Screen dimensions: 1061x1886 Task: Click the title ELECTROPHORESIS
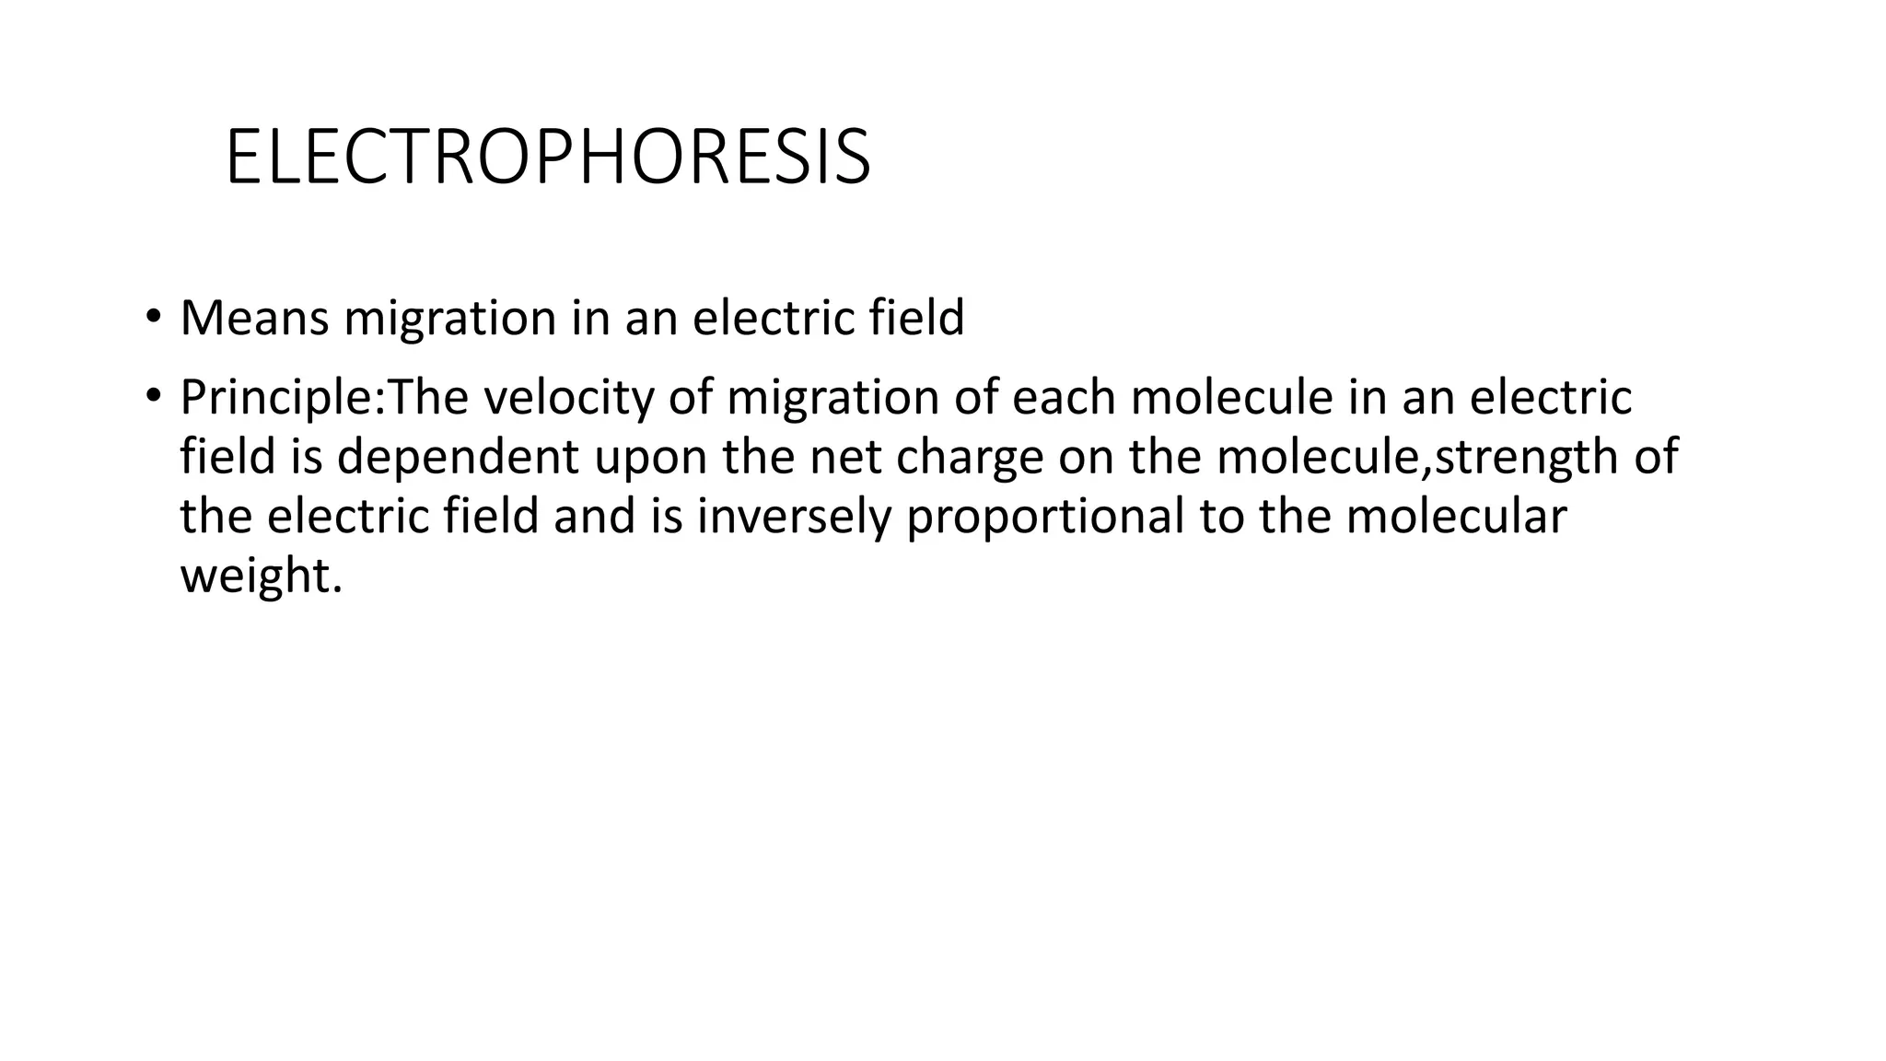point(547,158)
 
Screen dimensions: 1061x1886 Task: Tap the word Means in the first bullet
point(254,318)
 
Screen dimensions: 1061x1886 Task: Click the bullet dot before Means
point(152,318)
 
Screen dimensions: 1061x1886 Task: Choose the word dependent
point(458,457)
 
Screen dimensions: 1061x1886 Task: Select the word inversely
point(795,517)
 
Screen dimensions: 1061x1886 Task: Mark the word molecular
point(1455,516)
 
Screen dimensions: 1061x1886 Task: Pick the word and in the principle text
point(595,516)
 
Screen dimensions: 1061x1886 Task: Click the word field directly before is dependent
point(227,457)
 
